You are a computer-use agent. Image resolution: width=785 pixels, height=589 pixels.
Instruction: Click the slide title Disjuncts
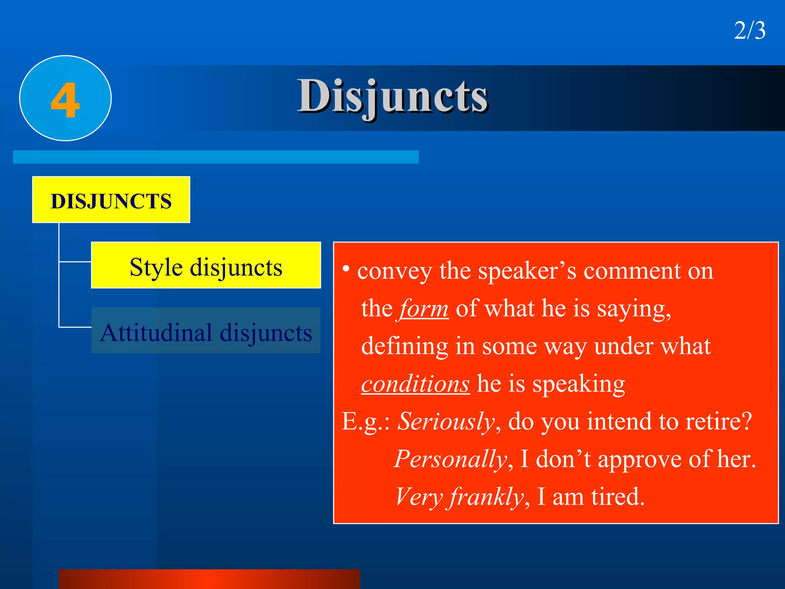[x=392, y=96]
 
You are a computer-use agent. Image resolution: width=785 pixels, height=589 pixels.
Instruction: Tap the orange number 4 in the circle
[x=65, y=100]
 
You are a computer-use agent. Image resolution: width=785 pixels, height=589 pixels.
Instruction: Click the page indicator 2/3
[x=749, y=31]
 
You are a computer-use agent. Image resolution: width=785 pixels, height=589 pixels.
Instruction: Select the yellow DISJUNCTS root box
[x=111, y=200]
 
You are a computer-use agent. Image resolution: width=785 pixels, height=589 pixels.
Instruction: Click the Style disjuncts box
[x=206, y=265]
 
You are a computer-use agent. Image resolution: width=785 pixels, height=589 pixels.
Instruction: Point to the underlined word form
[x=424, y=309]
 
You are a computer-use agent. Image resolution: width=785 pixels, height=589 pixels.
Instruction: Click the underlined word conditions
[x=415, y=384]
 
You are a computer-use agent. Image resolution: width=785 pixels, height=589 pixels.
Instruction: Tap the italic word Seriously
[x=446, y=421]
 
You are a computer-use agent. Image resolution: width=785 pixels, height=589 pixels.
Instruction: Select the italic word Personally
[x=451, y=459]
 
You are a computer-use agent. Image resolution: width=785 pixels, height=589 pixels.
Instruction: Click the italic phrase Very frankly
[x=459, y=497]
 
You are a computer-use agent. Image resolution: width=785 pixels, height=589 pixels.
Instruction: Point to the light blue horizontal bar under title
[x=215, y=157]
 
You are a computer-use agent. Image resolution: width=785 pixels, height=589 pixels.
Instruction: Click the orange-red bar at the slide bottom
[x=209, y=579]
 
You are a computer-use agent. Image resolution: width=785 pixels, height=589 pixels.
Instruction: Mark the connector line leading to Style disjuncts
[x=75, y=262]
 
